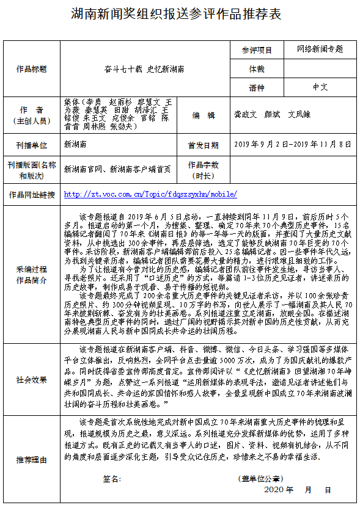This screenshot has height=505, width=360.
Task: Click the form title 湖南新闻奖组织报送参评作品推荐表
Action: coord(180,14)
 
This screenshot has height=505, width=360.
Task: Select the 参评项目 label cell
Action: coord(257,50)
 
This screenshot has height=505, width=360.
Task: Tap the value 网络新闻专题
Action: coord(320,49)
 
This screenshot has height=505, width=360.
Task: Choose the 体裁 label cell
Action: coord(257,69)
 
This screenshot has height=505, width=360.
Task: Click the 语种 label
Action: coord(257,88)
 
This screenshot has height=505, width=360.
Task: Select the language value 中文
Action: coord(320,87)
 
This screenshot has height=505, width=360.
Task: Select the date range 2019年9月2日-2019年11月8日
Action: coord(293,145)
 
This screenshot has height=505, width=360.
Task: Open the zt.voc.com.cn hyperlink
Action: coord(150,195)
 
